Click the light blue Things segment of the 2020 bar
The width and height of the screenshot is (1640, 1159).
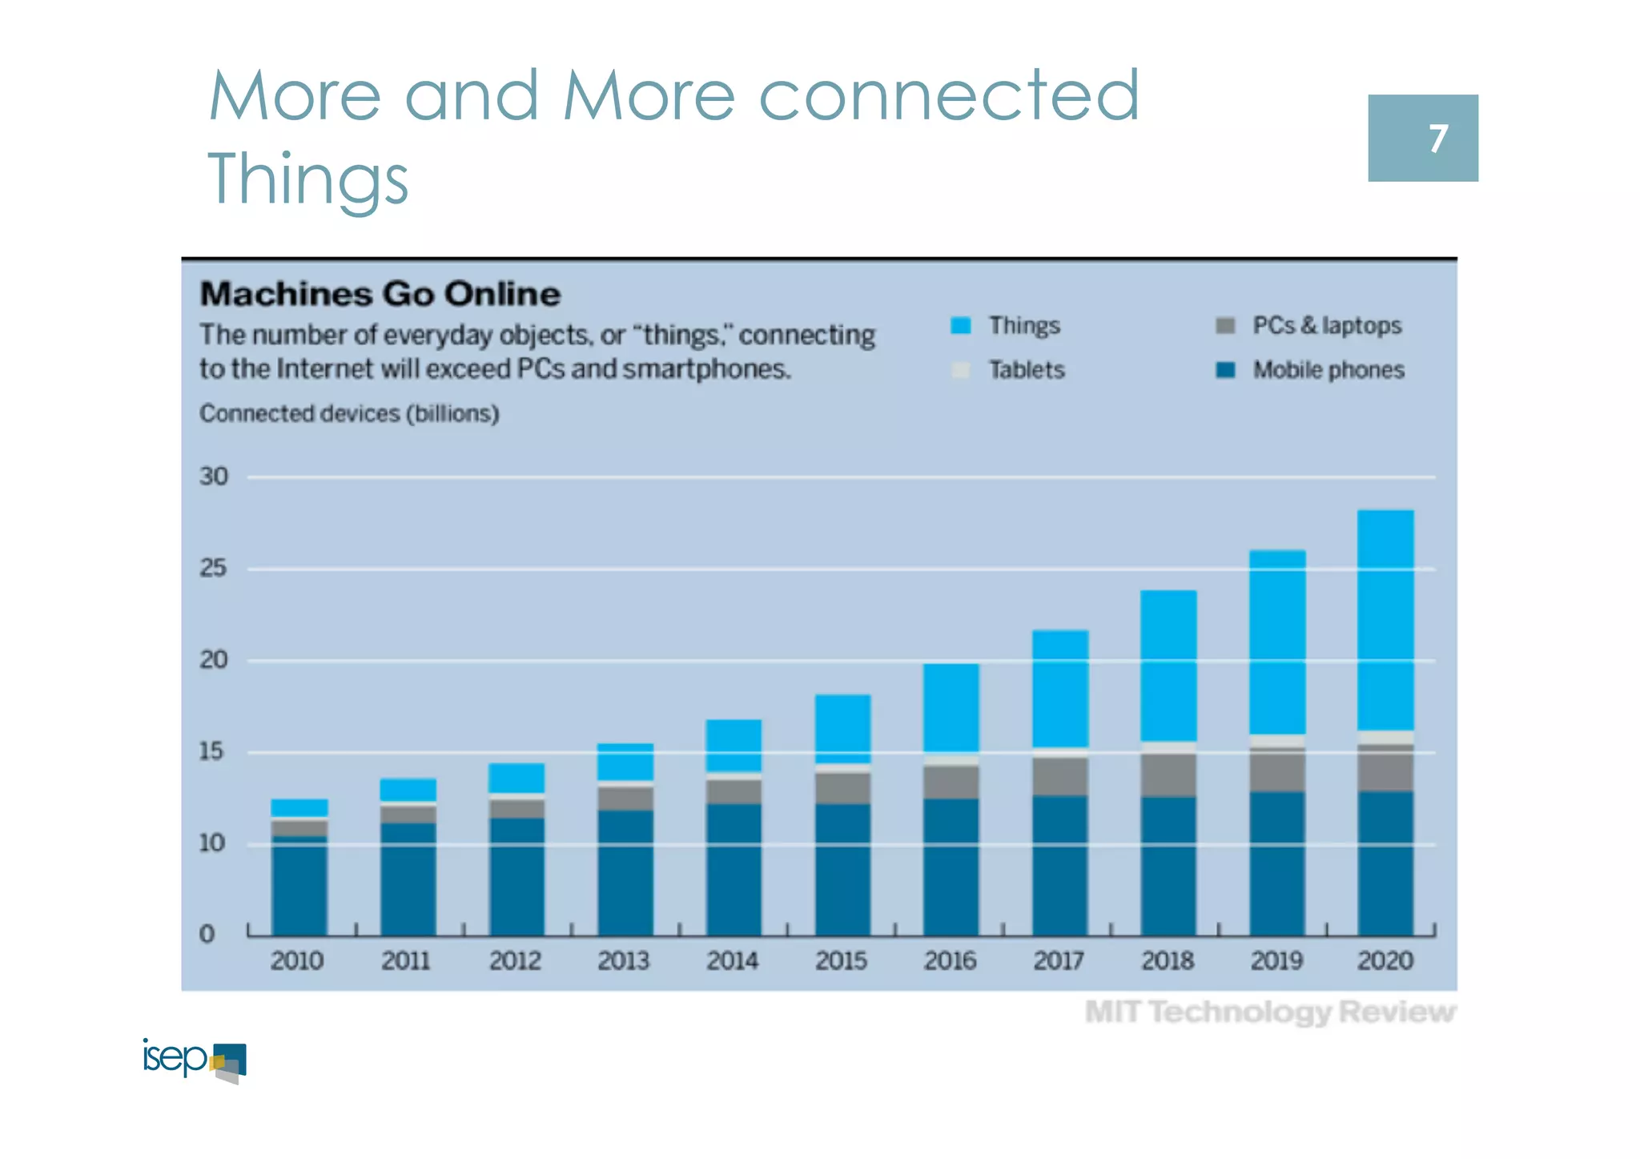[1385, 621]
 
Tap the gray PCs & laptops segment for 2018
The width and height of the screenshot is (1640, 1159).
[1168, 775]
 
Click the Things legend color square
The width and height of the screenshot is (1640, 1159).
[960, 326]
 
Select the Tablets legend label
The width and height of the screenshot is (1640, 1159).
[1027, 370]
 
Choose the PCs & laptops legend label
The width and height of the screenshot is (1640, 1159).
[1327, 326]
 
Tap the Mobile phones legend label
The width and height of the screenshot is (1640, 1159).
[1328, 370]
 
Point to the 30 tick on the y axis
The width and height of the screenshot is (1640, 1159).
[214, 477]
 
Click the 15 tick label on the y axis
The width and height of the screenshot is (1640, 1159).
[212, 751]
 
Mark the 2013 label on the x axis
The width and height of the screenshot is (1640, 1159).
[623, 960]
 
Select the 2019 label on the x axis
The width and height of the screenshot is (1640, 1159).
[1276, 960]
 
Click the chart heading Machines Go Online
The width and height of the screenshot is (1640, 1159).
[380, 294]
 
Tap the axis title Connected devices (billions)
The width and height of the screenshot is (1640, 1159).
[349, 413]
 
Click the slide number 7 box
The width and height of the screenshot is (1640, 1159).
[1422, 138]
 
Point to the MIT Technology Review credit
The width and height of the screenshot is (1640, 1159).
[1270, 1012]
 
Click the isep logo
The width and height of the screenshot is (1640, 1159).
[195, 1060]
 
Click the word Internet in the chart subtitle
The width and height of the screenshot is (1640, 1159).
[325, 369]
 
